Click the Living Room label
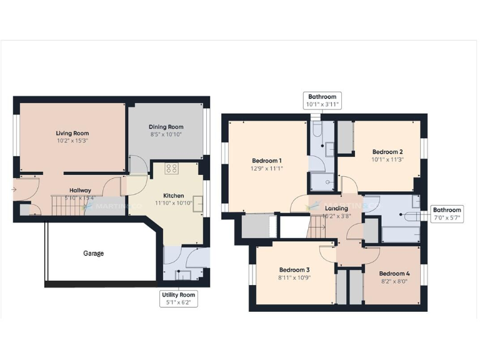coord(72,133)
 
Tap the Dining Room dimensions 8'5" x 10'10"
coord(166,134)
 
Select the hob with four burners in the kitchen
coord(171,168)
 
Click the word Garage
coord(93,254)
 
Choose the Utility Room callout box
coord(179,299)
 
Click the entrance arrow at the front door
coord(14,189)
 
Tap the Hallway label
coord(80,191)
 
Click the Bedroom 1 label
coord(267,161)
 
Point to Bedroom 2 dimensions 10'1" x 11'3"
coord(387,159)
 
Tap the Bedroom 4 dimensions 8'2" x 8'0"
coord(394,281)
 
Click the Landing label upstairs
coord(336,208)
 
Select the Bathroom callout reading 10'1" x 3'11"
coord(322,101)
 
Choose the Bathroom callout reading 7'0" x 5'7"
coord(447,214)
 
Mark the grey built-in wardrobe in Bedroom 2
coord(345,137)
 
